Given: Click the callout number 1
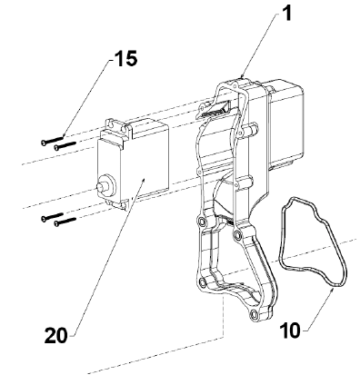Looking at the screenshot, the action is (285, 13).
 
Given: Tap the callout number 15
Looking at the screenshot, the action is (125, 58).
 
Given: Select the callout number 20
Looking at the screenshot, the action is (56, 335).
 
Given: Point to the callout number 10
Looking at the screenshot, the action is (290, 331).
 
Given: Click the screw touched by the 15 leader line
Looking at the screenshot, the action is (52, 140).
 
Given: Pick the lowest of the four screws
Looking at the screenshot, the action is (65, 222).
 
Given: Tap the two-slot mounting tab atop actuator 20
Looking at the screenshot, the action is (116, 126).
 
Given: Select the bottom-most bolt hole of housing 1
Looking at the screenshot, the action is (254, 315).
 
